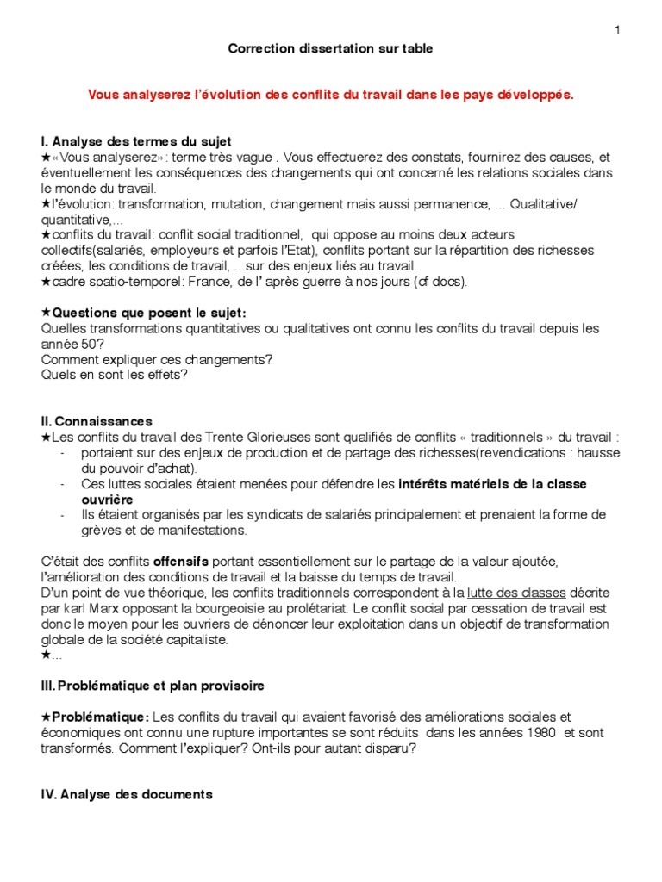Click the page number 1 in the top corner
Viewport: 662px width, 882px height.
click(x=617, y=30)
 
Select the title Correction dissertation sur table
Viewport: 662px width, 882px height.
click(x=330, y=49)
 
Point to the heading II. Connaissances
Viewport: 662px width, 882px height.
click(x=97, y=422)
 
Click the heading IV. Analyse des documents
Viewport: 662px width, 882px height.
click(x=126, y=795)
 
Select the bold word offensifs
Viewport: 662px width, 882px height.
click(x=181, y=562)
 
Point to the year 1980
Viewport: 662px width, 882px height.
click(x=540, y=732)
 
